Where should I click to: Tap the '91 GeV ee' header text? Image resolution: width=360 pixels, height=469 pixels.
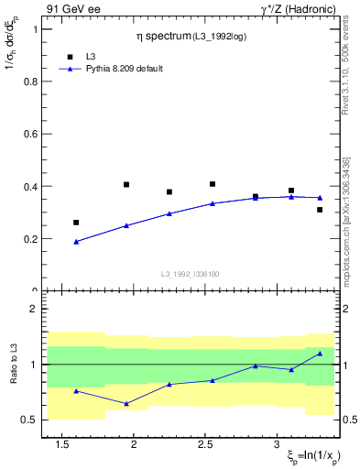pos(69,8)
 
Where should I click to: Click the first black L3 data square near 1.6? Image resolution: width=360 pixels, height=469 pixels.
pos(76,223)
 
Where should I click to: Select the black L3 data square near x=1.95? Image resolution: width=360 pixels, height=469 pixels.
pos(126,184)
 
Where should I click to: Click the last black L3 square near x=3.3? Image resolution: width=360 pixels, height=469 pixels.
pos(320,210)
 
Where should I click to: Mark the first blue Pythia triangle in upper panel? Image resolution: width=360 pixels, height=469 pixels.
pos(76,242)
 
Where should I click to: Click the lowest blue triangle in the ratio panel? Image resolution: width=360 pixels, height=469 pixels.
pos(126,403)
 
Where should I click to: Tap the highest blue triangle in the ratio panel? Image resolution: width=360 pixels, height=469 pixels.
pos(320,354)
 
